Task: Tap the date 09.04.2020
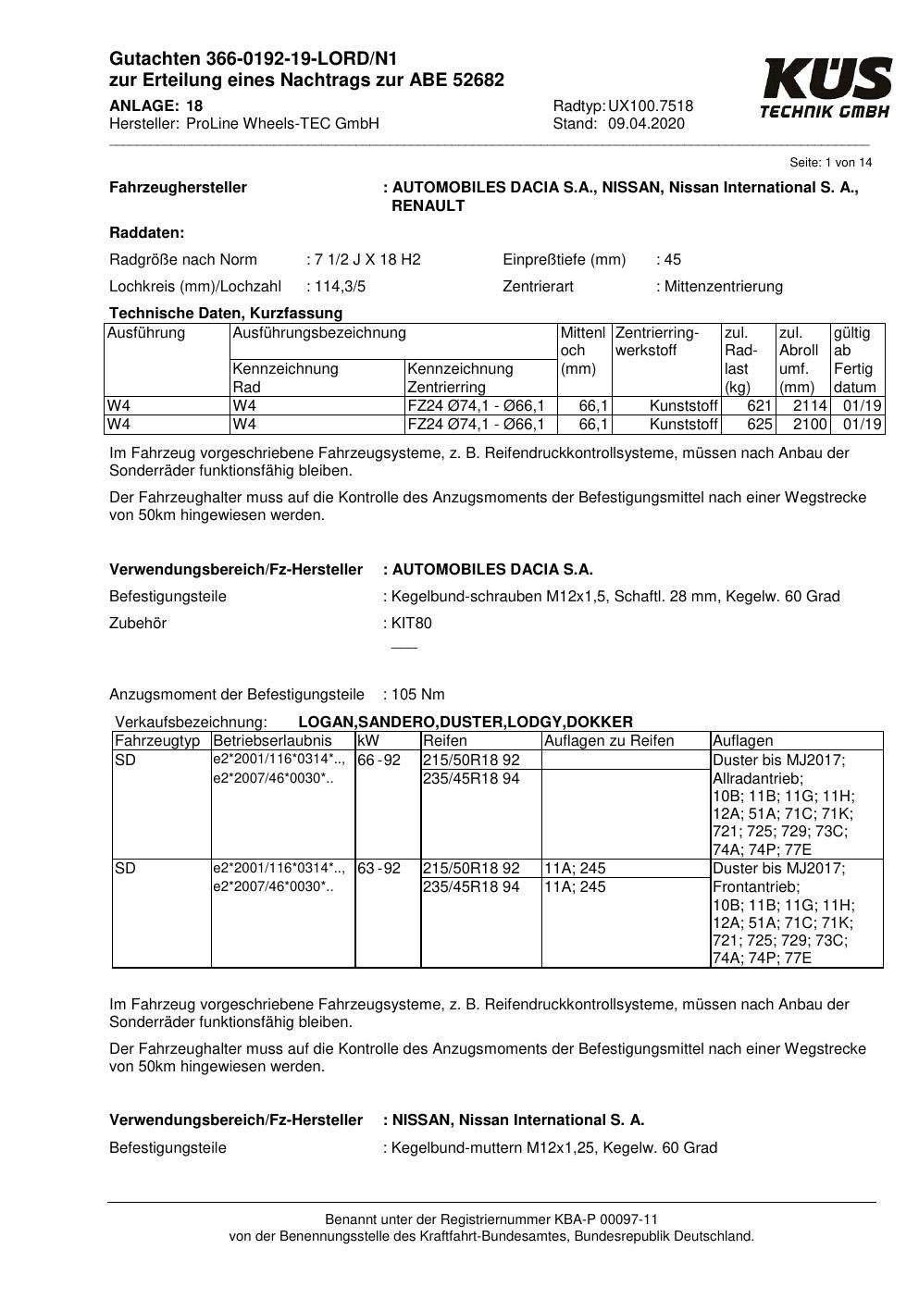(x=646, y=123)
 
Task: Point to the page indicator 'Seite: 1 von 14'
(x=830, y=162)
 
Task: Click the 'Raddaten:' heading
(x=146, y=232)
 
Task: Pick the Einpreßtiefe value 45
(x=672, y=259)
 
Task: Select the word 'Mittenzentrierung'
(x=723, y=286)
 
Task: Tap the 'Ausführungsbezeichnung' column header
(x=319, y=332)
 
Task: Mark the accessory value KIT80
(x=411, y=623)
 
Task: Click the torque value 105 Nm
(x=418, y=694)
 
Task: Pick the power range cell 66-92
(x=379, y=760)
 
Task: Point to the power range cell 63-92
(x=379, y=868)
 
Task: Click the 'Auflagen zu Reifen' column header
(x=609, y=740)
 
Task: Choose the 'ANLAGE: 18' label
(x=155, y=105)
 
